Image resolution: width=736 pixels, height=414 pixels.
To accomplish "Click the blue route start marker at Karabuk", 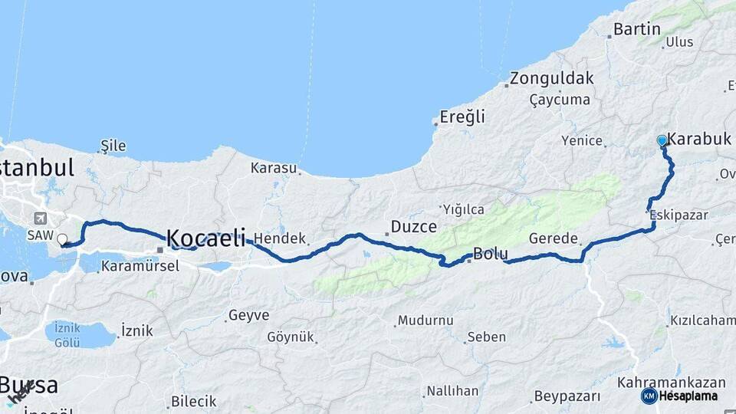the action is (662, 140).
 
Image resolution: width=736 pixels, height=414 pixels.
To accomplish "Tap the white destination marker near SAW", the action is (62, 240).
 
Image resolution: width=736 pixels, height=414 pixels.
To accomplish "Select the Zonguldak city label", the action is (552, 78).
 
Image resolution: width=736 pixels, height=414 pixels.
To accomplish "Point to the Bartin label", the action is (636, 29).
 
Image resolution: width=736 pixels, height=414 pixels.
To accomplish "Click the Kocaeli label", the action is (206, 237).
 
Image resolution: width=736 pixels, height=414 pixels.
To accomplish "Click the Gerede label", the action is (553, 238).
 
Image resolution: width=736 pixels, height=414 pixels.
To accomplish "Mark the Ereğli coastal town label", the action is (462, 117).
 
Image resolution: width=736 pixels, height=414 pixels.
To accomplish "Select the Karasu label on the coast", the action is (274, 167).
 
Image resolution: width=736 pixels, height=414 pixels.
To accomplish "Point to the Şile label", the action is (113, 146).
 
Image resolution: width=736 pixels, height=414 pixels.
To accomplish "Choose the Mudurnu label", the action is (426, 320).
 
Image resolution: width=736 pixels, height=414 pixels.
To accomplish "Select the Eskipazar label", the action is (678, 215).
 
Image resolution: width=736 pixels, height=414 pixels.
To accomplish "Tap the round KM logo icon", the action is (649, 396).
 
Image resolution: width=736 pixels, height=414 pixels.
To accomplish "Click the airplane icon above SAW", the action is (40, 219).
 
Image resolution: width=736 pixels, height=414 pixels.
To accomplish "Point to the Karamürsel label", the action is (140, 266).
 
